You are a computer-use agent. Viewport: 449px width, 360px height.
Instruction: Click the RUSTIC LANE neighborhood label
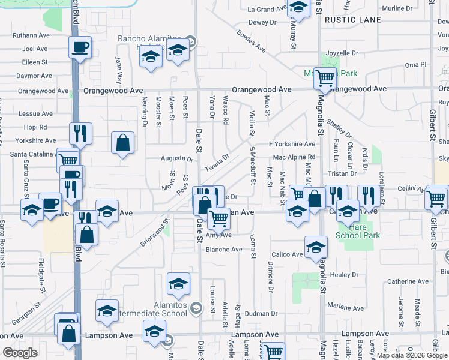352,20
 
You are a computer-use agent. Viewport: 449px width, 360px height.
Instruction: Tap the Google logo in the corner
20,353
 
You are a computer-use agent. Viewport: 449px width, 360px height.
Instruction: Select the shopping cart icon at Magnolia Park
325,77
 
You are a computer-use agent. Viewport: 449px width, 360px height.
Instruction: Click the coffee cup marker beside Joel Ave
80,47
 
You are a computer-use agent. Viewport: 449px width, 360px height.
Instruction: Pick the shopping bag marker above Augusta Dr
122,143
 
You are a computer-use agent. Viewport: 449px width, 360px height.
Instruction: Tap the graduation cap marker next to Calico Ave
316,247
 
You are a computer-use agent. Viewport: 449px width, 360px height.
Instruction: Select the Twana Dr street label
217,161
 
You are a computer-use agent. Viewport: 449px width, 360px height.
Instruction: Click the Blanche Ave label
224,249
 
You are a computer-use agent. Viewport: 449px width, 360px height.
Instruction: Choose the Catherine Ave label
409,281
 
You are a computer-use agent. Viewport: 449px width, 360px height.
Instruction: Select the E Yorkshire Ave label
292,144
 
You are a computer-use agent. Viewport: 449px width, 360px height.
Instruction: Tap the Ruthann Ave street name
34,35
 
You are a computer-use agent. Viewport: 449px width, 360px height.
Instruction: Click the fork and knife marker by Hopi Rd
80,133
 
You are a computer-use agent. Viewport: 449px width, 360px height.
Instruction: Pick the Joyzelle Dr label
343,53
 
